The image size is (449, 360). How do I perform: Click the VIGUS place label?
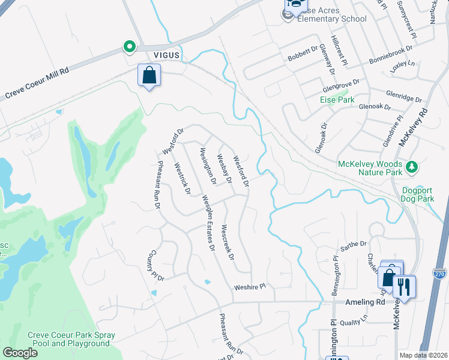tap(166, 55)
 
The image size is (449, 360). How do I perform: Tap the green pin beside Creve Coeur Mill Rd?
tap(129, 46)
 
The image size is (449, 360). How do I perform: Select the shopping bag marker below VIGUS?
tap(149, 76)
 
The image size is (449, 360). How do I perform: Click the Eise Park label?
tap(337, 100)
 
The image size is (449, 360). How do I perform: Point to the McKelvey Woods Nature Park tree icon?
tap(412, 166)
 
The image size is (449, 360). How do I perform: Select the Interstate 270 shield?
tap(440, 273)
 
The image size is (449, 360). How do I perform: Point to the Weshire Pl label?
tap(249, 287)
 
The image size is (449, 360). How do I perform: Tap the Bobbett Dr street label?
tap(302, 54)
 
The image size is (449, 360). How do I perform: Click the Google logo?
tap(20, 353)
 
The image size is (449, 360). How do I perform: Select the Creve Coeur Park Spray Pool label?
tap(71, 339)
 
